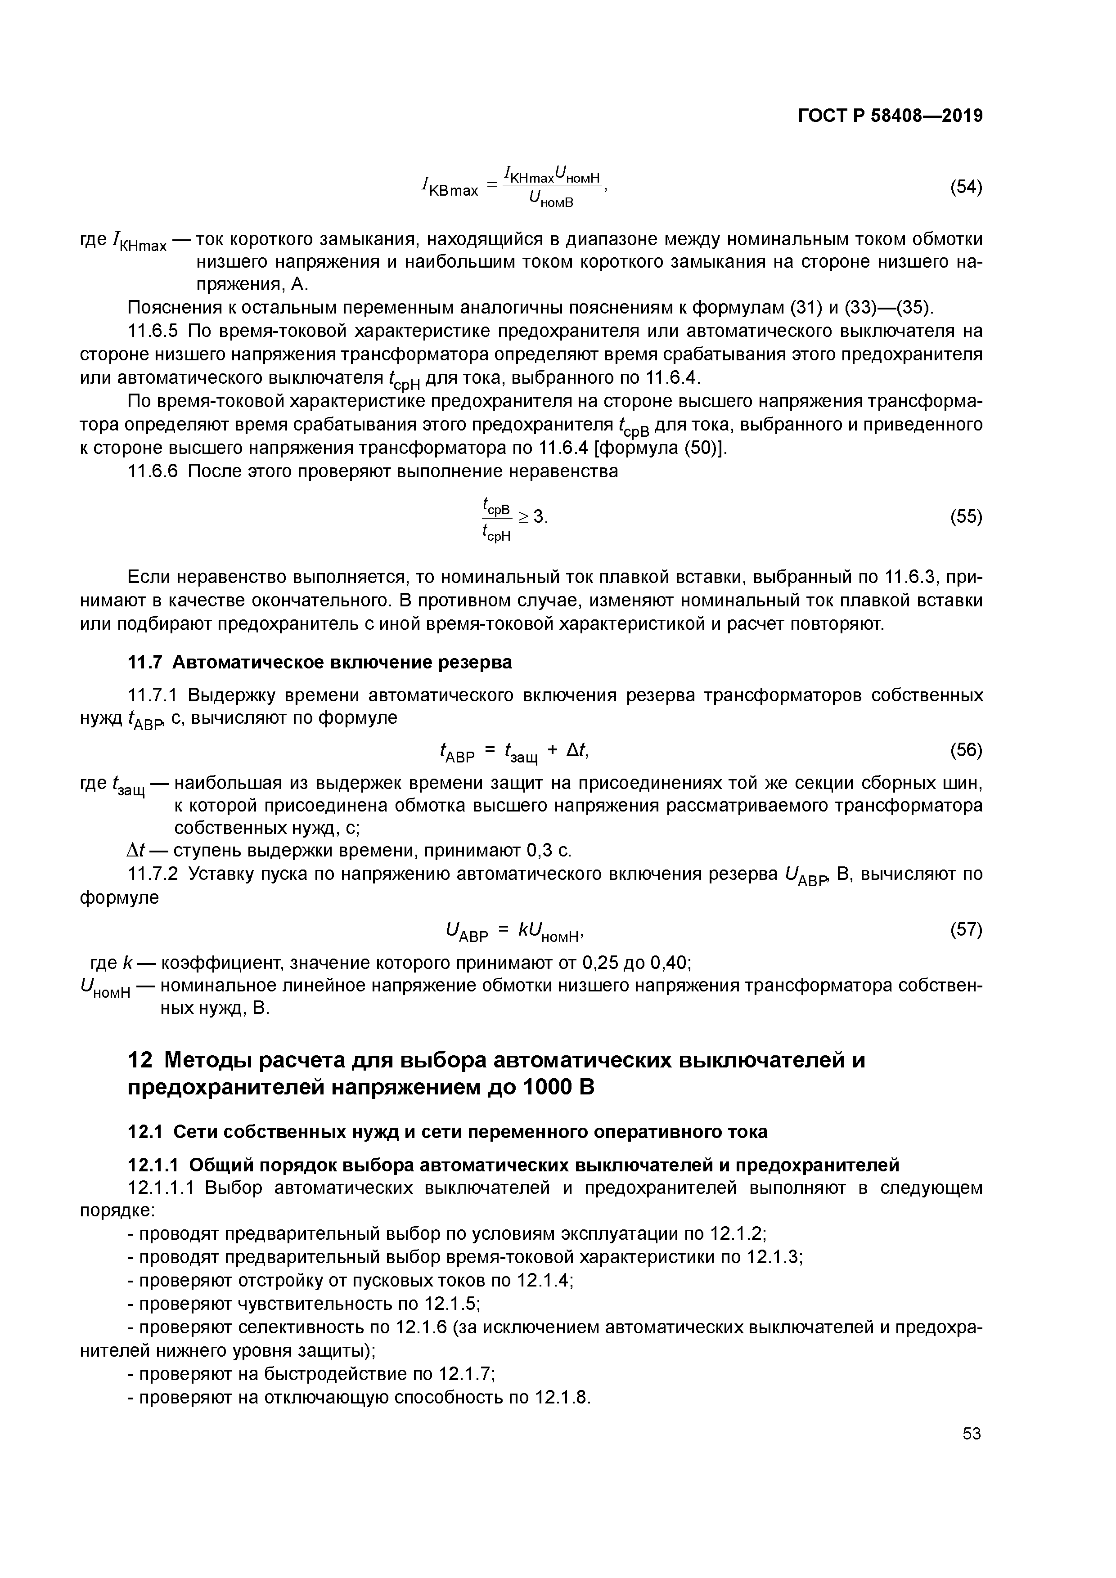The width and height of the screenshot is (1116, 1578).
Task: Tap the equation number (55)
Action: [x=965, y=516]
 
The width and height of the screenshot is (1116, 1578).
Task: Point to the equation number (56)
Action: [x=965, y=750]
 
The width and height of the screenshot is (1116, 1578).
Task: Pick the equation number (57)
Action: [x=965, y=930]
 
